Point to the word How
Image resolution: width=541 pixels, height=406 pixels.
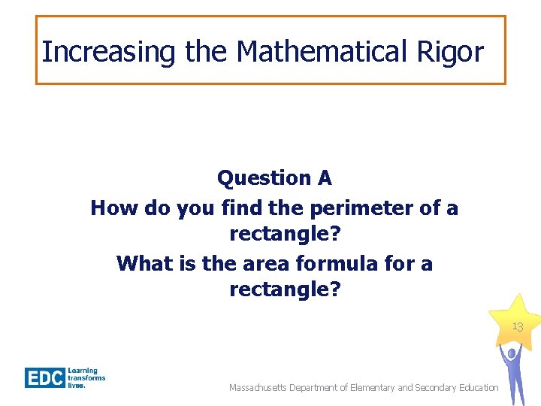(113, 208)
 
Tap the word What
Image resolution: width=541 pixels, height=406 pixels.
(144, 263)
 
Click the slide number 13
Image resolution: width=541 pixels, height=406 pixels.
(517, 327)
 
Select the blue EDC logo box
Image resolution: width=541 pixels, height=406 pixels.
(44, 377)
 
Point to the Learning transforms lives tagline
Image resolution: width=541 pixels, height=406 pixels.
(86, 377)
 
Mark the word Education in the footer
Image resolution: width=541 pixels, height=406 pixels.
(477, 388)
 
